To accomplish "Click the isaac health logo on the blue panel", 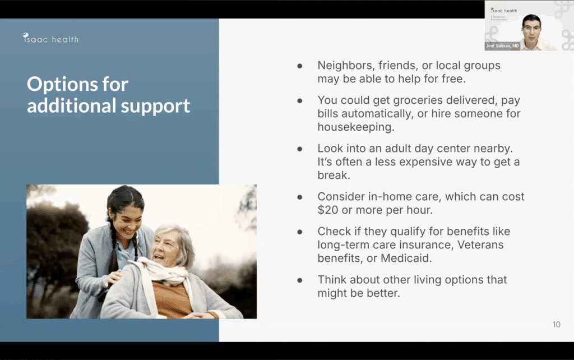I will [x=50, y=39].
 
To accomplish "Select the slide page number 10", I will [x=556, y=324].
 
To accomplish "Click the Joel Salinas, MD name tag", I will [x=502, y=46].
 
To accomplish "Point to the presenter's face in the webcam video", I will [x=531, y=27].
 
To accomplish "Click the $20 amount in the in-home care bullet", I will [x=327, y=210].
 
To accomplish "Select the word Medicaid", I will [x=406, y=258].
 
